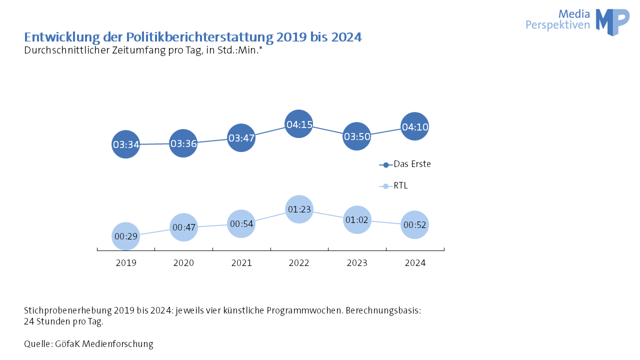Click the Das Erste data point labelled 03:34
(125, 144)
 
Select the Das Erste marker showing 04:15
(299, 124)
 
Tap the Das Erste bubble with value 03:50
(356, 136)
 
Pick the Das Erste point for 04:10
(414, 126)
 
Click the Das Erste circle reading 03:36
(183, 143)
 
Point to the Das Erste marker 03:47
(241, 137)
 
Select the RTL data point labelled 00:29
(125, 236)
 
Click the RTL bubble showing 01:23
(299, 209)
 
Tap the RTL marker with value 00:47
(183, 227)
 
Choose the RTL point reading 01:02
(356, 219)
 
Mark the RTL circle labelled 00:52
(414, 225)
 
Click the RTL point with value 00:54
(241, 223)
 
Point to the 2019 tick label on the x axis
(125, 263)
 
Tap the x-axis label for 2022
(299, 263)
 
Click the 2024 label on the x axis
(414, 263)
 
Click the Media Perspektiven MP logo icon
(612, 21)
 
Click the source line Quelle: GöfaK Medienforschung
(88, 344)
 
